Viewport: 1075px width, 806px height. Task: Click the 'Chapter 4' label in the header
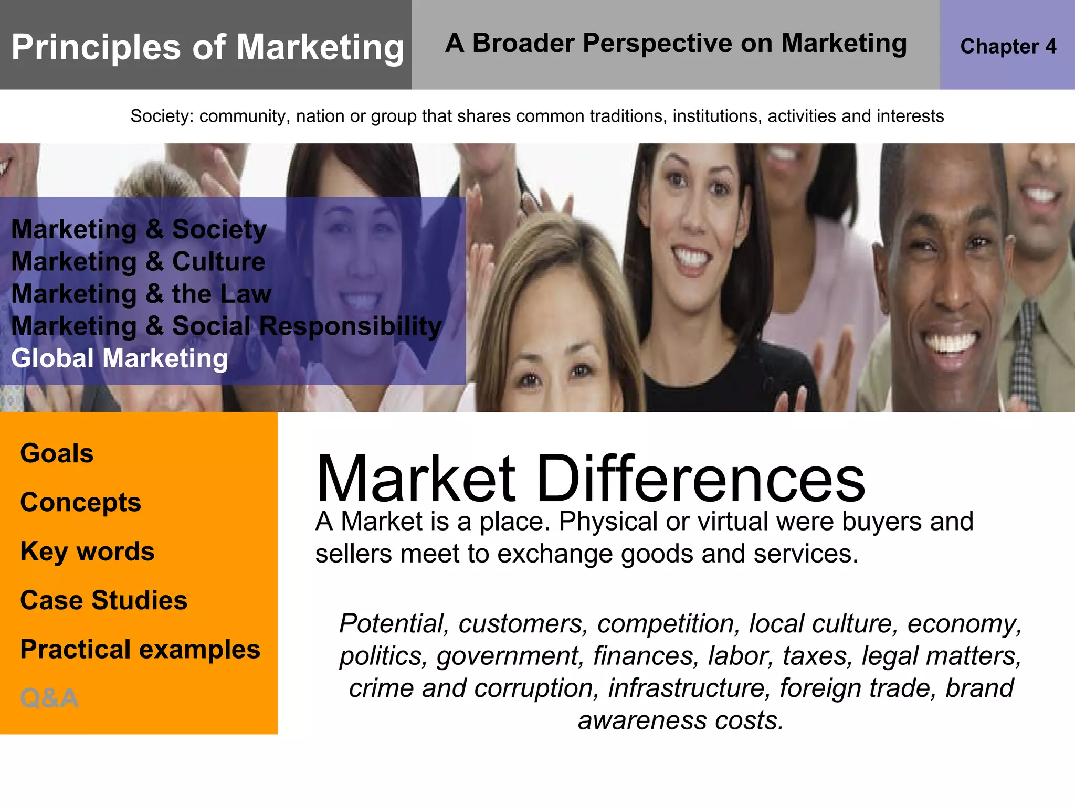click(1008, 46)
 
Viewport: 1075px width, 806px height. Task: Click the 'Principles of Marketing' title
click(207, 47)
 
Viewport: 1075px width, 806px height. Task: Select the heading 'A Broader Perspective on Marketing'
click(676, 43)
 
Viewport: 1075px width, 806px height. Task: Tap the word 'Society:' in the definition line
click(162, 116)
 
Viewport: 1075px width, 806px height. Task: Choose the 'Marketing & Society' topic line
click(139, 229)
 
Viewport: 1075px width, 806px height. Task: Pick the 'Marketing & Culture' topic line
click(138, 261)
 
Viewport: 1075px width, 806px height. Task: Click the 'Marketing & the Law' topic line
click(141, 293)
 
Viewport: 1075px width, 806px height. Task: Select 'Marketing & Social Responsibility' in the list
click(226, 326)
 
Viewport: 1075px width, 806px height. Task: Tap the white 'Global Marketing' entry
click(120, 358)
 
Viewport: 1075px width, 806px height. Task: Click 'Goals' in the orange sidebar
click(57, 453)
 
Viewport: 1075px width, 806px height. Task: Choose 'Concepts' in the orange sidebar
click(80, 502)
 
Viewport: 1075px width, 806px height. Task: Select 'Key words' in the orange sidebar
click(87, 552)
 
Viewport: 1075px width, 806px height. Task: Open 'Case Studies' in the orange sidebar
click(103, 600)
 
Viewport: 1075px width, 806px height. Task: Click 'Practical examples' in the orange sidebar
click(140, 650)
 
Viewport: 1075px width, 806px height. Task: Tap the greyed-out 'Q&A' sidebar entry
click(49, 698)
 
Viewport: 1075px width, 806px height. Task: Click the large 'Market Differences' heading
click(591, 479)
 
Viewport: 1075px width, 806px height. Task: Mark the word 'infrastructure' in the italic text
click(689, 688)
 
